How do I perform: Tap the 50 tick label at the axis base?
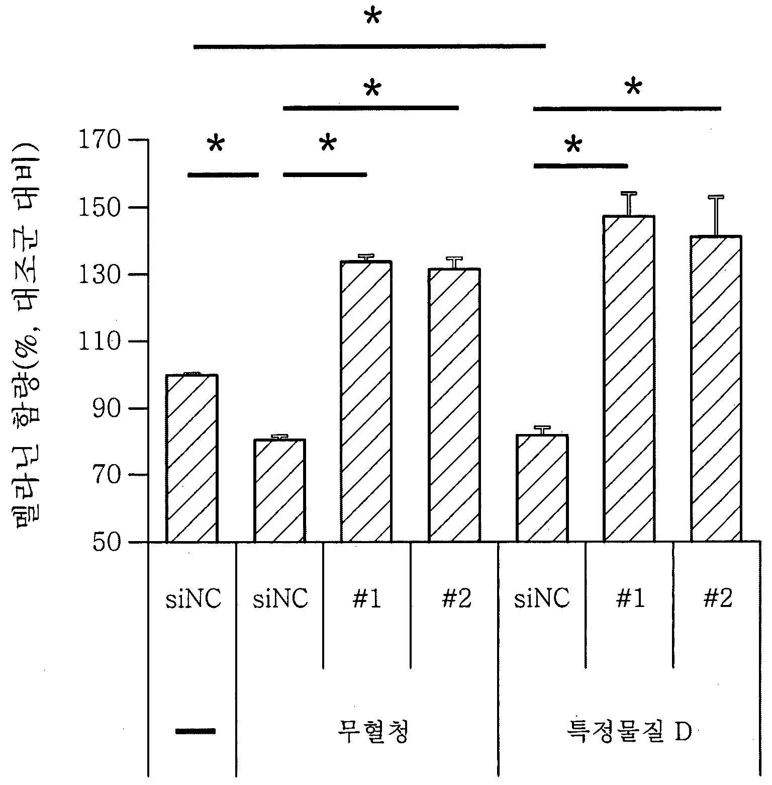[107, 543]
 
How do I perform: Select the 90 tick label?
[107, 408]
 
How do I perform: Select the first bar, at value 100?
[191, 458]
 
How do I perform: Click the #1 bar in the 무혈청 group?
[366, 401]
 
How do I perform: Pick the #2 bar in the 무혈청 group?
[454, 405]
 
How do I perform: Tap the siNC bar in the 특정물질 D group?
[542, 488]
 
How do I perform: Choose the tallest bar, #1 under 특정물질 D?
[629, 379]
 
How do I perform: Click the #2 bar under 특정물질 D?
[716, 389]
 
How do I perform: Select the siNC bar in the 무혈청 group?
[279, 491]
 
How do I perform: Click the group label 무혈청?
[372, 732]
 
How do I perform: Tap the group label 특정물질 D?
[628, 732]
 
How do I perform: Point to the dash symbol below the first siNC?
[195, 731]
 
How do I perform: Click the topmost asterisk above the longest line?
[372, 18]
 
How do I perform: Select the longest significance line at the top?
[369, 46]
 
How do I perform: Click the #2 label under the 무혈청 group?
[456, 599]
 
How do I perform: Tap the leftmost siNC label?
[194, 599]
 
